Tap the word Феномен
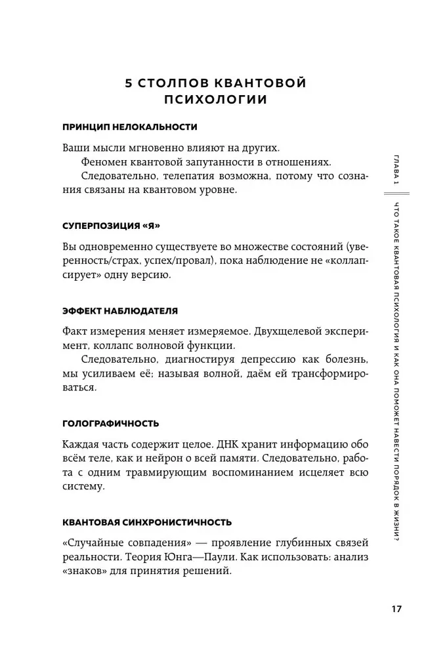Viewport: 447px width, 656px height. pyautogui.click(x=104, y=161)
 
